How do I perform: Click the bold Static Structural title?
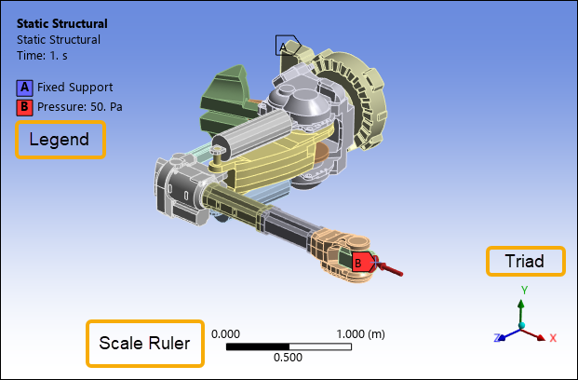click(62, 23)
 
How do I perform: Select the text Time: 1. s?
click(42, 56)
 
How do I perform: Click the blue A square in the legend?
click(24, 88)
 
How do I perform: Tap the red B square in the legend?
click(24, 107)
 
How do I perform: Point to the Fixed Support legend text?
click(74, 88)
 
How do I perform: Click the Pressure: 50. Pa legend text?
click(80, 106)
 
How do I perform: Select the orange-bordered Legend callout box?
click(60, 140)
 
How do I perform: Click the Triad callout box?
click(526, 261)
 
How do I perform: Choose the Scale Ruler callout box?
click(145, 344)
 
